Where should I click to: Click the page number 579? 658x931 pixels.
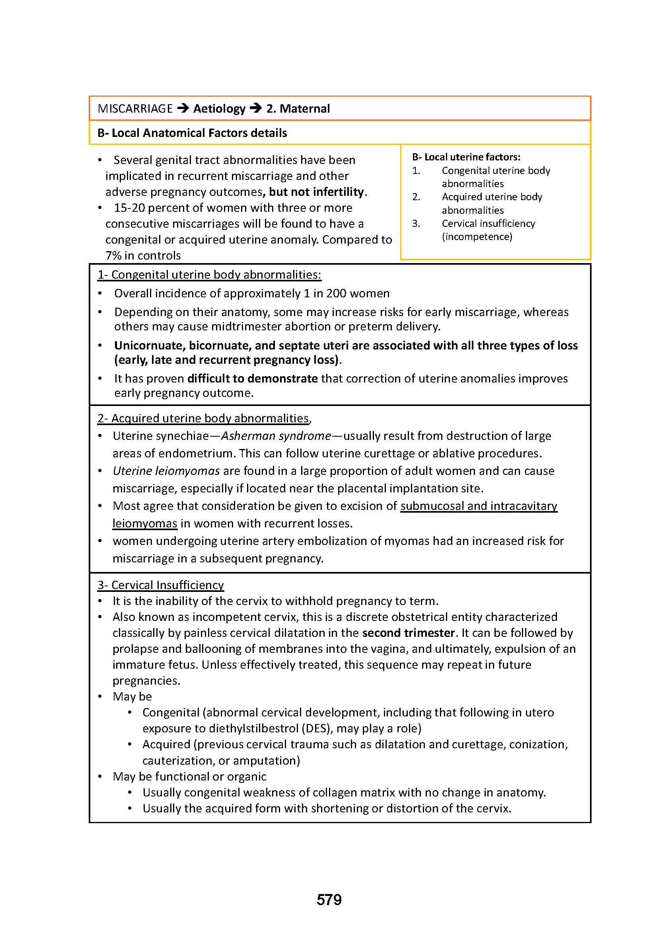329,900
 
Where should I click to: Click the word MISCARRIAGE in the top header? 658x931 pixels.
135,109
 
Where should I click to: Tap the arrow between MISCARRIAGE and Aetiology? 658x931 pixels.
183,108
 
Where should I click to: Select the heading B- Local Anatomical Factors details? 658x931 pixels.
192,133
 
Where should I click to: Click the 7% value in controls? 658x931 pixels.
113,256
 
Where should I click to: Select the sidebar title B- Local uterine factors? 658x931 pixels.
466,157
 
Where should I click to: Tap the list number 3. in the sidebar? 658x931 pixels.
416,224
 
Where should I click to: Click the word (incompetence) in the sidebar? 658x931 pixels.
477,237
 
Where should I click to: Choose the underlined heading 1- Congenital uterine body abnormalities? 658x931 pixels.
209,275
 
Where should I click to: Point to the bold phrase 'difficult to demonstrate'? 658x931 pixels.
252,379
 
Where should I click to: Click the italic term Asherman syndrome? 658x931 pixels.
276,436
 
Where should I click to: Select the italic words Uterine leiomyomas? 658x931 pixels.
166,471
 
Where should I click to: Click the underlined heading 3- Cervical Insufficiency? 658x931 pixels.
160,585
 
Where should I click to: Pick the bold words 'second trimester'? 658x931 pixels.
409,633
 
